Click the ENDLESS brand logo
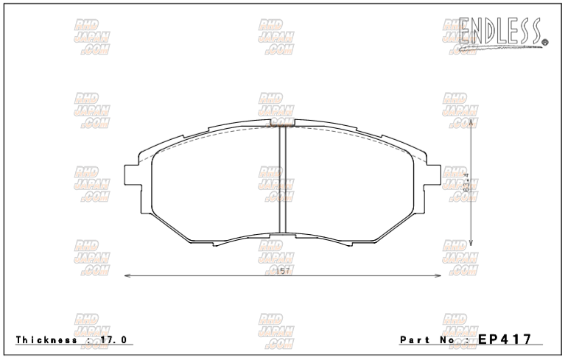[502, 30]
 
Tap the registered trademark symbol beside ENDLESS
[544, 43]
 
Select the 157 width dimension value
[281, 272]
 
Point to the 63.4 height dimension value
[468, 182]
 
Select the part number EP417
[505, 339]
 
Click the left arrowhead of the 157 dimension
[127, 276]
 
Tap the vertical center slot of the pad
[281, 180]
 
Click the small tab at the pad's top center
[282, 121]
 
